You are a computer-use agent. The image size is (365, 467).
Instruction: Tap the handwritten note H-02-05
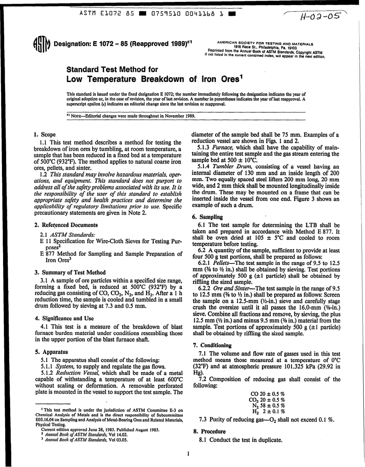[314, 16]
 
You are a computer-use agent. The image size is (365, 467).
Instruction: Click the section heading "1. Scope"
[45, 135]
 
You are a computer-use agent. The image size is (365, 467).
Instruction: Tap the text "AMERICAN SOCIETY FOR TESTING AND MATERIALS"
[265, 44]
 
